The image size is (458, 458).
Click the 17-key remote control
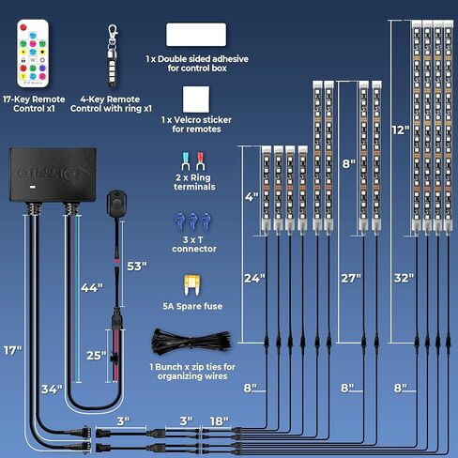point(33,53)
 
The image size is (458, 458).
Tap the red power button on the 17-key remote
point(23,27)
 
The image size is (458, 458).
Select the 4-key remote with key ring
point(113,56)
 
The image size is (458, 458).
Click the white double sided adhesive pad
point(196,35)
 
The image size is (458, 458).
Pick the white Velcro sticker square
point(196,99)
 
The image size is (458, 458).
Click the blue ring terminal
point(186,161)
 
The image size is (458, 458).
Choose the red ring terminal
point(200,161)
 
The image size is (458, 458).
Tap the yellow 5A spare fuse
point(192,285)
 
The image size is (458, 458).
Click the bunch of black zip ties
point(191,343)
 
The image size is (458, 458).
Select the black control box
point(53,175)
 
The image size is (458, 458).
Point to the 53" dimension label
point(137,267)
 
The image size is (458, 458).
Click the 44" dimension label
point(92,288)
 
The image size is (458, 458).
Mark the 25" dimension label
point(97,356)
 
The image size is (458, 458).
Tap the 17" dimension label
point(12,351)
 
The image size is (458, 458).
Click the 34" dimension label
point(52,389)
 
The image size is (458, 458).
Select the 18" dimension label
point(219,421)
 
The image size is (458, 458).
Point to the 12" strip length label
point(401,130)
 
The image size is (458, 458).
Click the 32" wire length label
point(404,278)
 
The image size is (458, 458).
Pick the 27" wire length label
point(351,278)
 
